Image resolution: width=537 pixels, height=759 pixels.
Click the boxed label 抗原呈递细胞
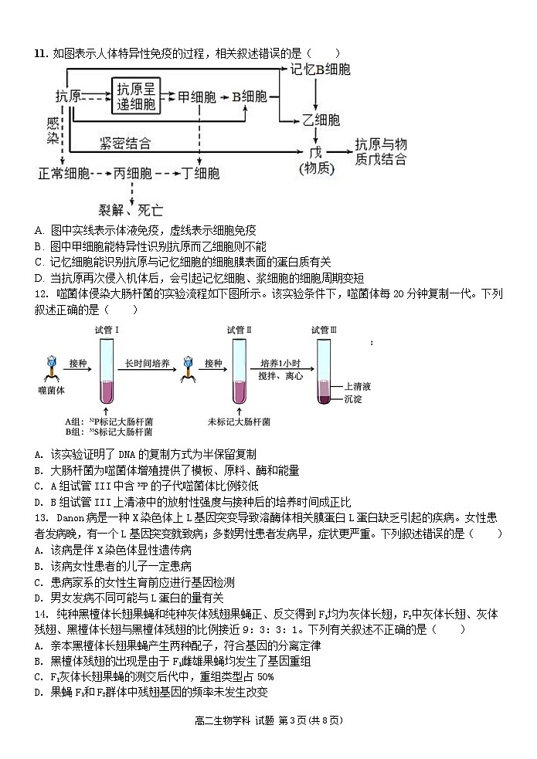(x=134, y=97)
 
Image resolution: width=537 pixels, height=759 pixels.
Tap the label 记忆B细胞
(x=320, y=70)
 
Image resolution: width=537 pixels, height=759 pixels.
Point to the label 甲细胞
(x=196, y=97)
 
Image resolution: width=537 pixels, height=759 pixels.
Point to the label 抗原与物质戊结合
(x=380, y=152)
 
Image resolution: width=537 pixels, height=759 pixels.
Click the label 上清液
(x=359, y=386)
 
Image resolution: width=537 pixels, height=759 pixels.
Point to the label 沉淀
(x=352, y=399)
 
